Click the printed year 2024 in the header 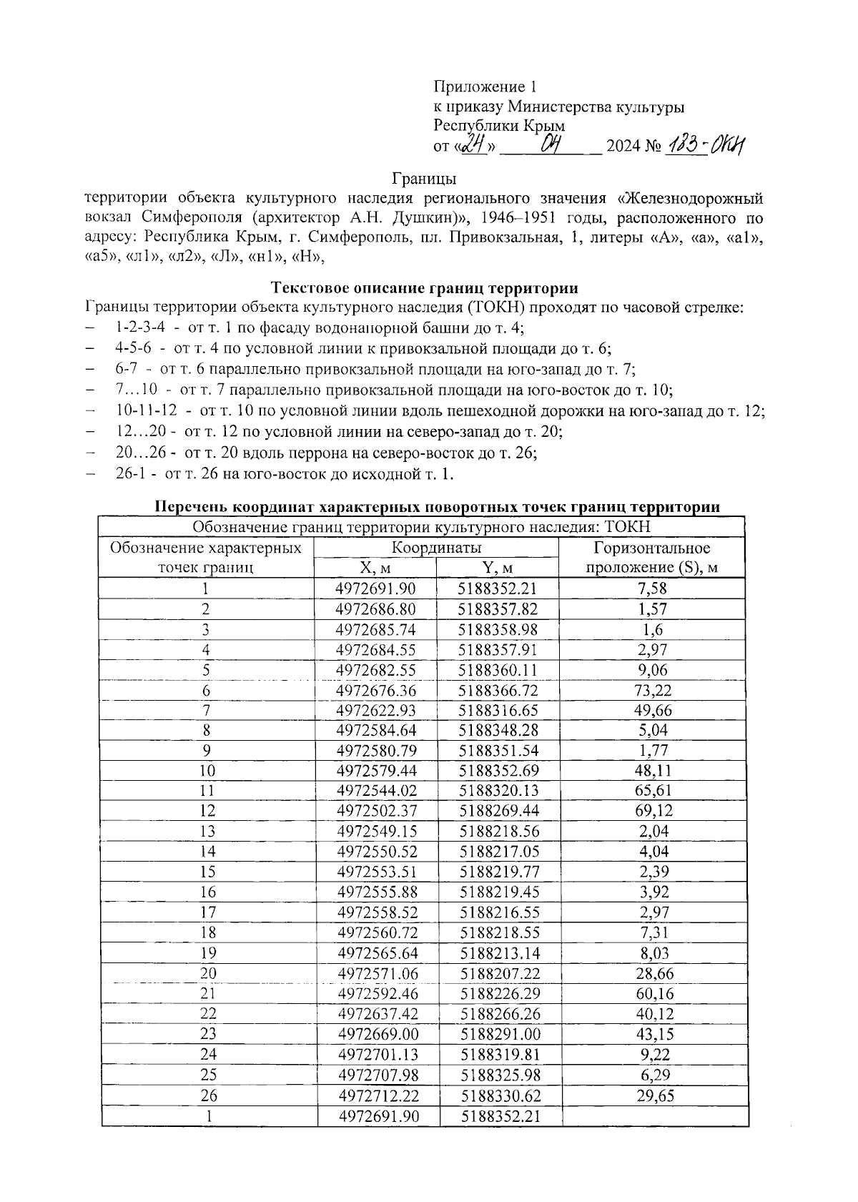click(x=623, y=147)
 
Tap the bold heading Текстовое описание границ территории click(x=424, y=288)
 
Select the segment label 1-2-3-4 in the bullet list click(x=140, y=328)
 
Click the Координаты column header click(x=435, y=548)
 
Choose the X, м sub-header click(x=375, y=568)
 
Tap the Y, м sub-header click(x=497, y=568)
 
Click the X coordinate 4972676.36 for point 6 click(x=375, y=690)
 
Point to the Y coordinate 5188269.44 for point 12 click(x=498, y=811)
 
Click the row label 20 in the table click(x=207, y=973)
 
